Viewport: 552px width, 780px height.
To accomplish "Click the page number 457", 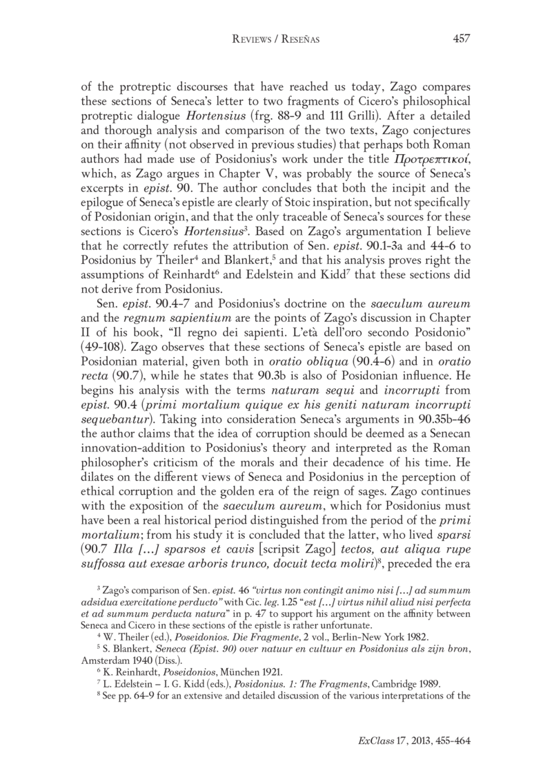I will [x=461, y=39].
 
